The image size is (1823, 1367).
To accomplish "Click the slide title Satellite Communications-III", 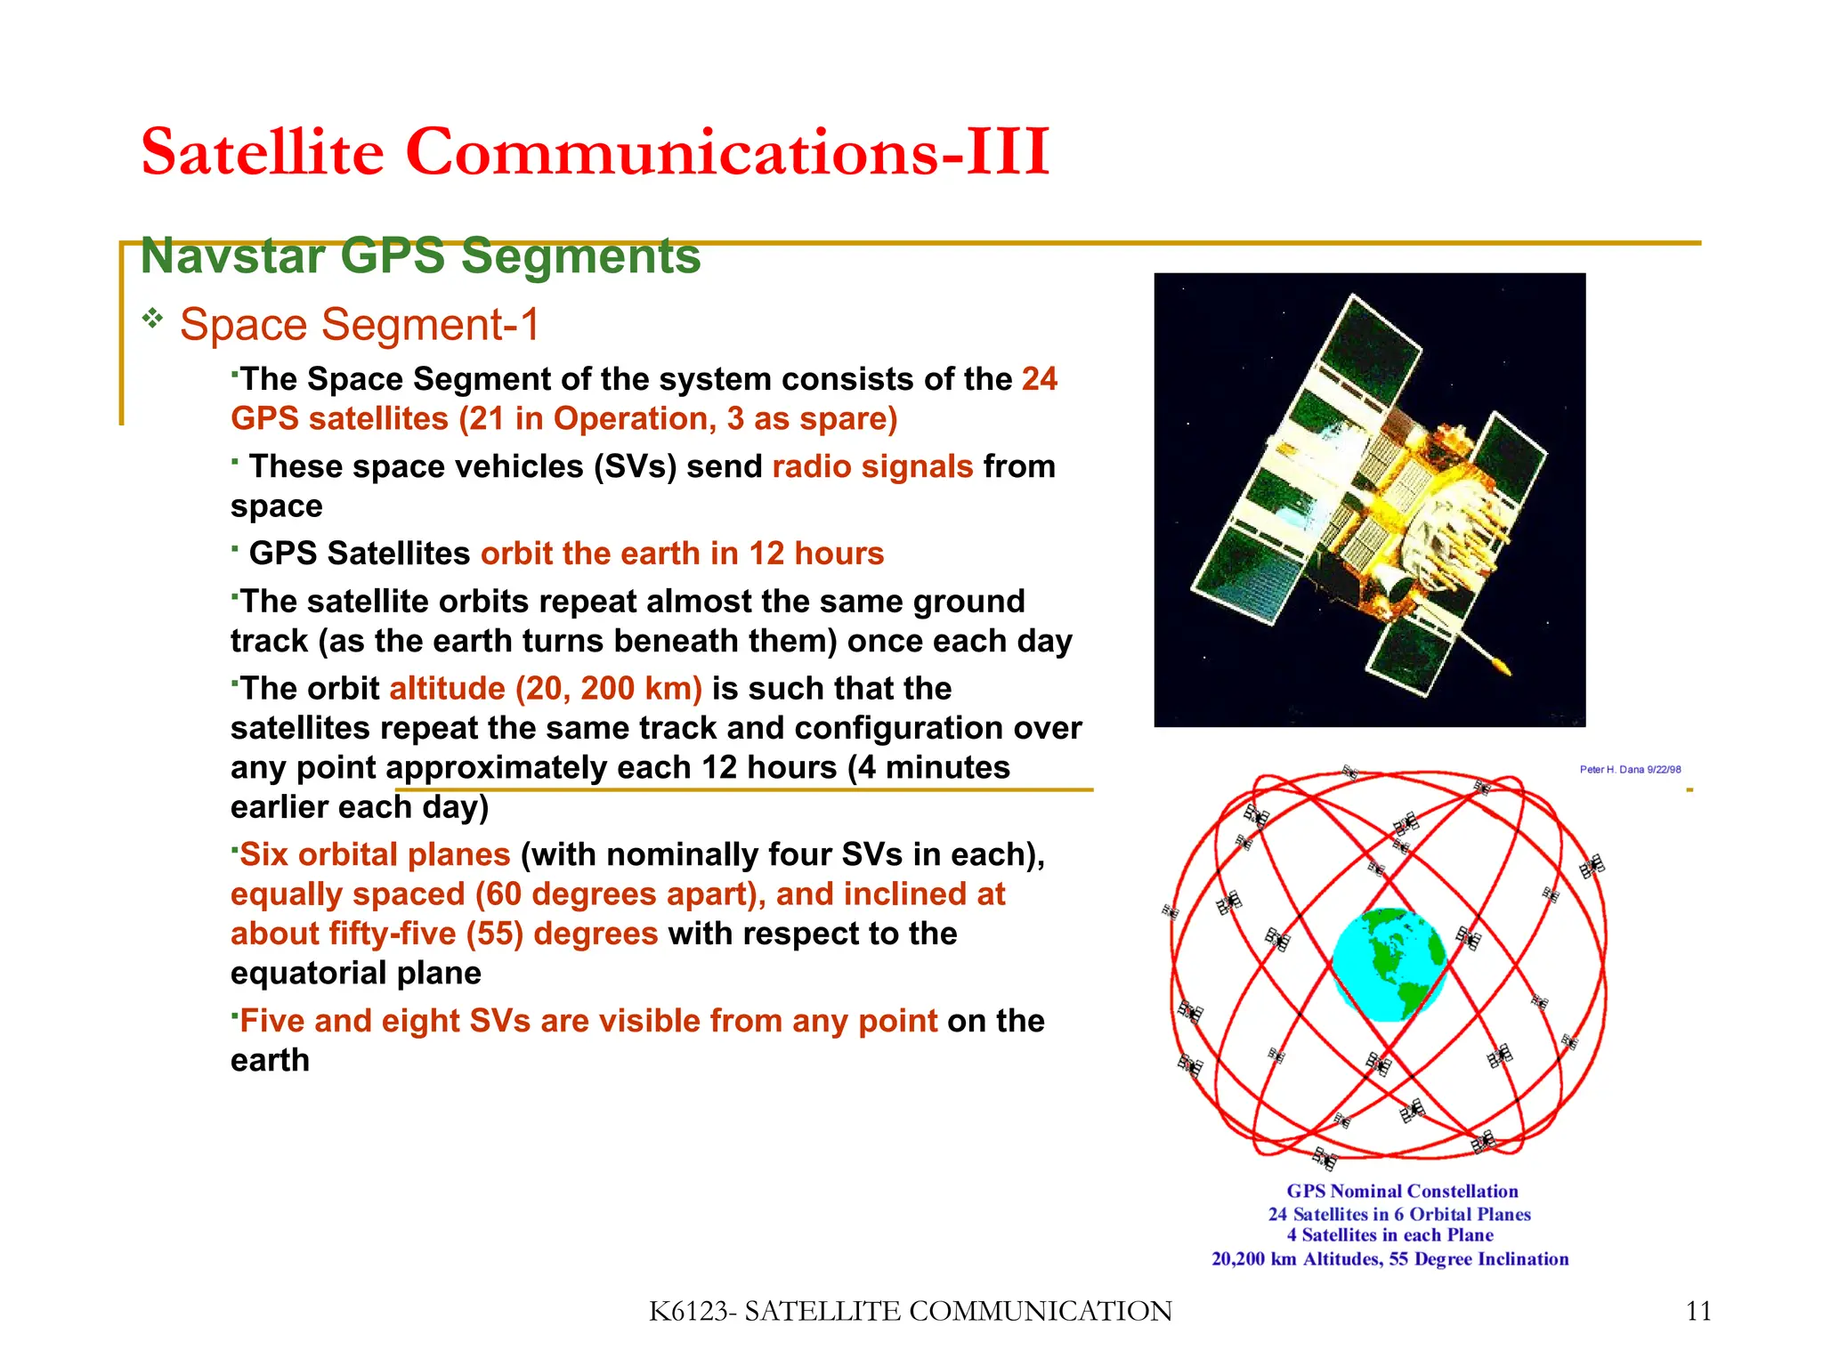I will [595, 151].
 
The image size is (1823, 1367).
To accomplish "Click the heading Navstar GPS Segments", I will [420, 256].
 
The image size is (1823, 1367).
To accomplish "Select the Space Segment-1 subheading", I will [360, 324].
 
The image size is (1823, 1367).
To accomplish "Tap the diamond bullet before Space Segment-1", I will [153, 318].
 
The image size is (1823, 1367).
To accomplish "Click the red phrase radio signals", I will [872, 466].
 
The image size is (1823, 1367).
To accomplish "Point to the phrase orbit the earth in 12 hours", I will [682, 554].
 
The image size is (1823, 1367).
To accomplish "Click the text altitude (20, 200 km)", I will [546, 689].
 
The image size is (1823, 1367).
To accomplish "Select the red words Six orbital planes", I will [375, 854].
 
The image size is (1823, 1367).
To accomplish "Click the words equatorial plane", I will [355, 973].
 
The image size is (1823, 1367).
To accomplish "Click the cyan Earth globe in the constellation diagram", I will [1389, 965].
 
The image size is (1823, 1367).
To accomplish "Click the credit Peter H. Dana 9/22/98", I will [1630, 770].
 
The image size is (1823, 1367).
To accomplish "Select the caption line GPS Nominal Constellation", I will [1402, 1191].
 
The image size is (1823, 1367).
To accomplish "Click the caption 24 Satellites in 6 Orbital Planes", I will [1399, 1214].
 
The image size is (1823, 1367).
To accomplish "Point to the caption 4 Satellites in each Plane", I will [1390, 1235].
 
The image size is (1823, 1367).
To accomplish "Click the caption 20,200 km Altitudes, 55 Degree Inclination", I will [1390, 1259].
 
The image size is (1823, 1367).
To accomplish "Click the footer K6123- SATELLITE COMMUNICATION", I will [910, 1312].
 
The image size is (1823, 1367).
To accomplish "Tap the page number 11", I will [1698, 1312].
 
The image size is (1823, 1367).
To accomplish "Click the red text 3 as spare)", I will [811, 419].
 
